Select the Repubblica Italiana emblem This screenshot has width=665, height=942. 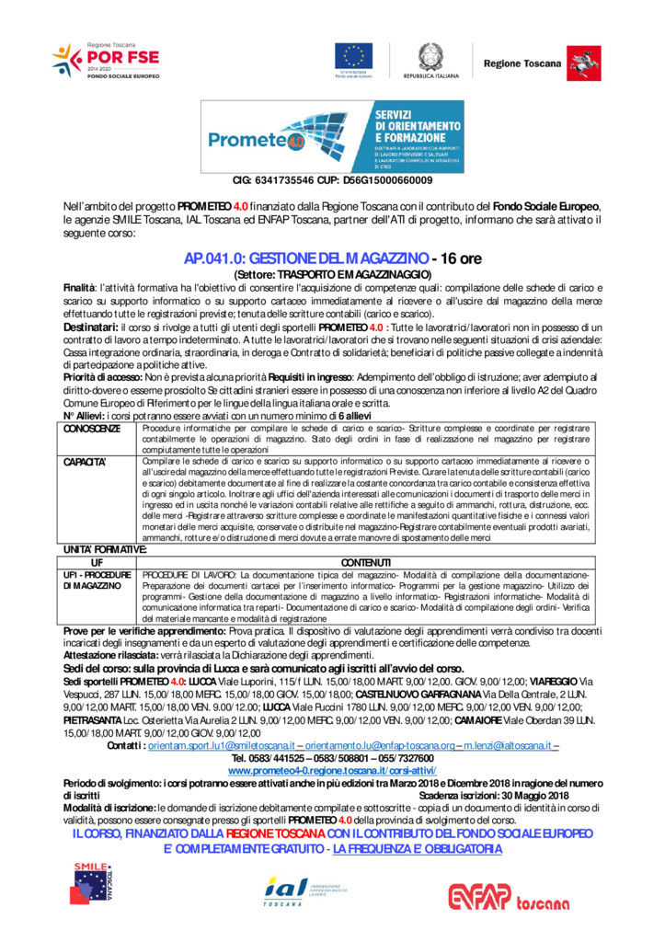pos(430,56)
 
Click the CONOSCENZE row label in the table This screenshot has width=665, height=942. pos(92,429)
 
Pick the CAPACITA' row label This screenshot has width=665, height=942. pos(86,461)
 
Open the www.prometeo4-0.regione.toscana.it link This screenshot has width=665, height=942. pos(332,768)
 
